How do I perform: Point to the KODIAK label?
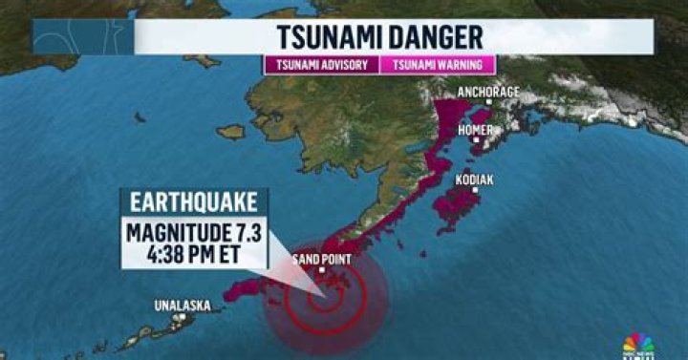(x=476, y=178)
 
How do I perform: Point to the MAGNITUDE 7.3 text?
(x=194, y=233)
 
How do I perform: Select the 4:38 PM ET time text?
(x=194, y=255)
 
